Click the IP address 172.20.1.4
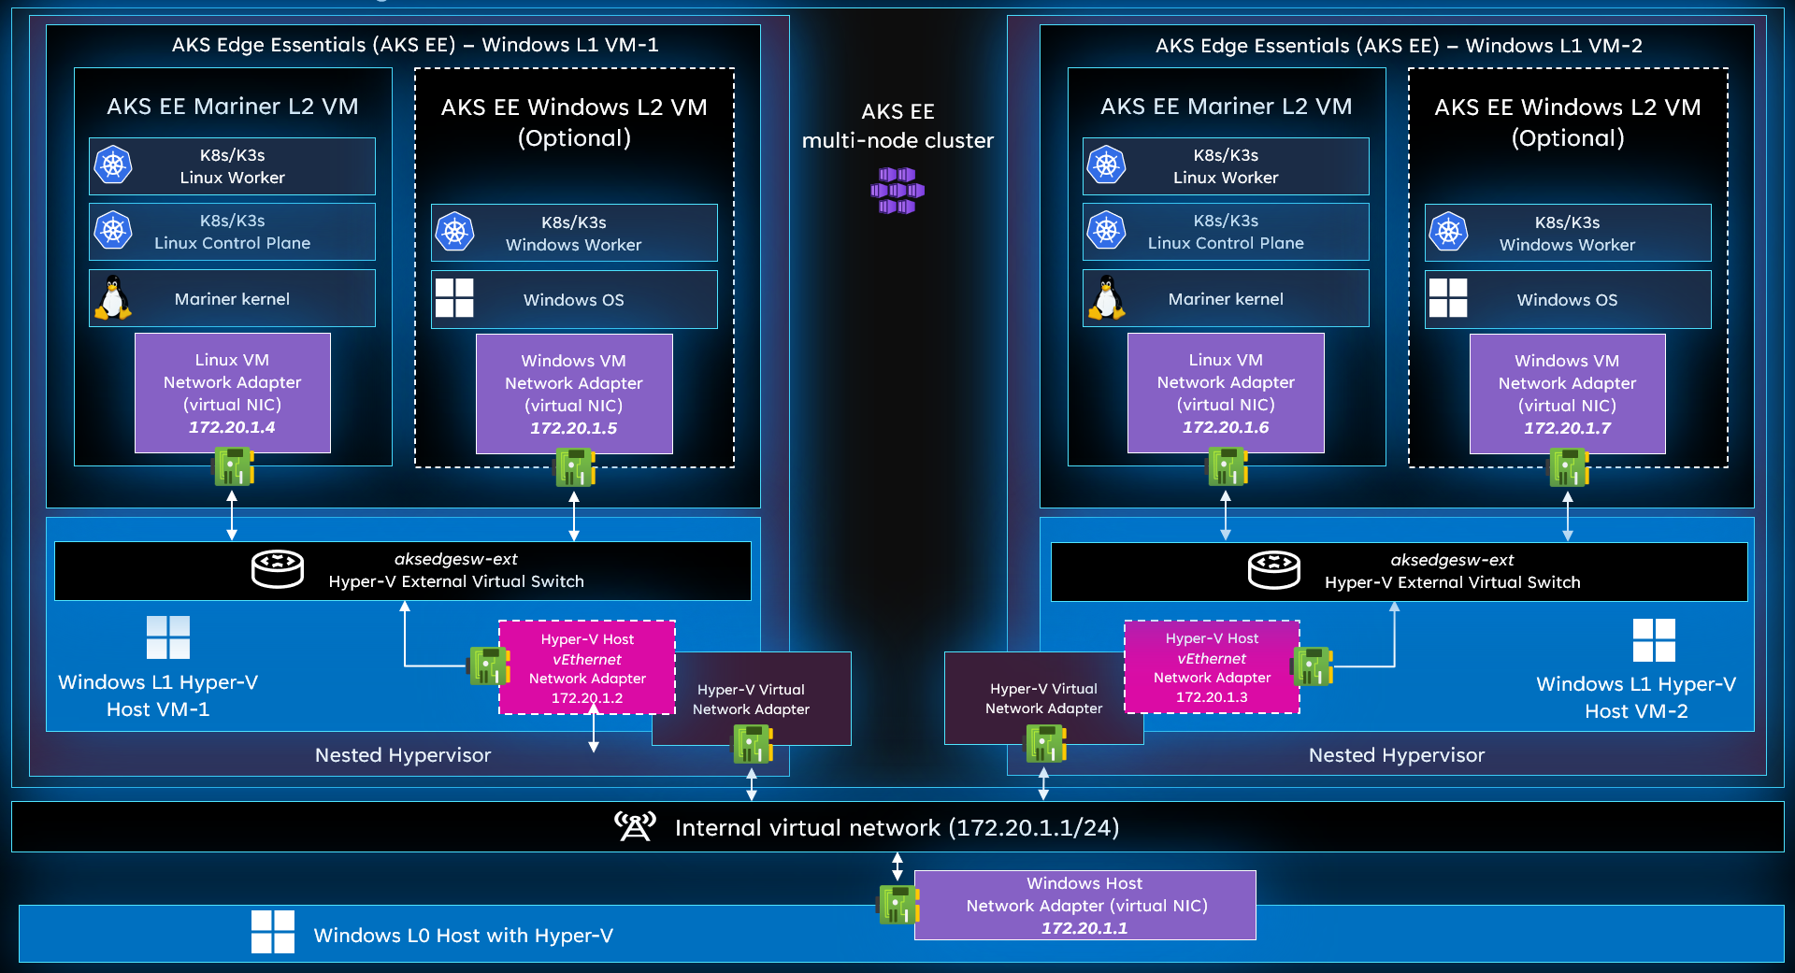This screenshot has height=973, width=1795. coord(232,427)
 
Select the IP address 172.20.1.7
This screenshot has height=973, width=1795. coord(1567,428)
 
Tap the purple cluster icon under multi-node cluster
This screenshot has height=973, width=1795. coord(897,191)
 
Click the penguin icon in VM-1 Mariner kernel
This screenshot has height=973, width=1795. coord(113,298)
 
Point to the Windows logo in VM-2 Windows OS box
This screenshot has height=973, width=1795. coord(1448,298)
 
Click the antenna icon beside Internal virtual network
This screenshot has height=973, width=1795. coord(635,826)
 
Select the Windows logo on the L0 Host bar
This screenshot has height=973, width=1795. coord(272,932)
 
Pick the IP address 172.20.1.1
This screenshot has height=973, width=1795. coord(1084,928)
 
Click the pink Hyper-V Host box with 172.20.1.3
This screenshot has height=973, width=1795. coord(1212,667)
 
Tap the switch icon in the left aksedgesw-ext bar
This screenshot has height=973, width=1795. coord(278,568)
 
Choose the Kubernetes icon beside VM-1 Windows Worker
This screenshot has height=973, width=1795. coord(455,232)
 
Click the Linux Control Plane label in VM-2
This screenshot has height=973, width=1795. coord(1226,243)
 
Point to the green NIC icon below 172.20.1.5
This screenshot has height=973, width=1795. coord(575,467)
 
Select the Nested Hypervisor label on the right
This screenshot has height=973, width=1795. coord(1396,755)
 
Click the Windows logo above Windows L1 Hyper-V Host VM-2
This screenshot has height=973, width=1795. coord(1654,640)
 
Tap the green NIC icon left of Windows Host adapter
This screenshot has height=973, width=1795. coord(898,905)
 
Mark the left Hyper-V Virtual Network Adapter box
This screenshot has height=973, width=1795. coord(751,699)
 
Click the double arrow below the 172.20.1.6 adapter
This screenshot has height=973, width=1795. coord(1226,515)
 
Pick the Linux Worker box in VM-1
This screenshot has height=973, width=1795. coord(232,166)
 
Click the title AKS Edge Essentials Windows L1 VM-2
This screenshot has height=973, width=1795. coord(1398,46)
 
